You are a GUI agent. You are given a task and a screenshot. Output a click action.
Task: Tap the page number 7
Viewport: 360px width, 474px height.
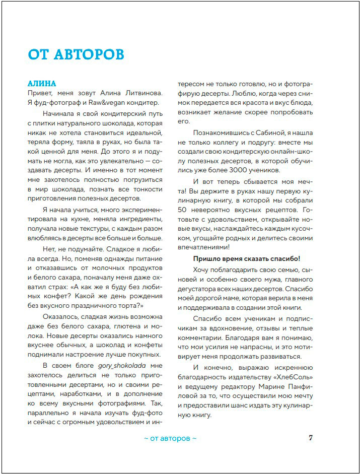(x=311, y=438)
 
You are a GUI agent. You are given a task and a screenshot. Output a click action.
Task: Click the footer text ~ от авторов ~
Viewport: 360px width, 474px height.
(x=170, y=438)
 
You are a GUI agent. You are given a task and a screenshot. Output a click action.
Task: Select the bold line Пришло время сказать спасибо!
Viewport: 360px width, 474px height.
(x=246, y=258)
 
